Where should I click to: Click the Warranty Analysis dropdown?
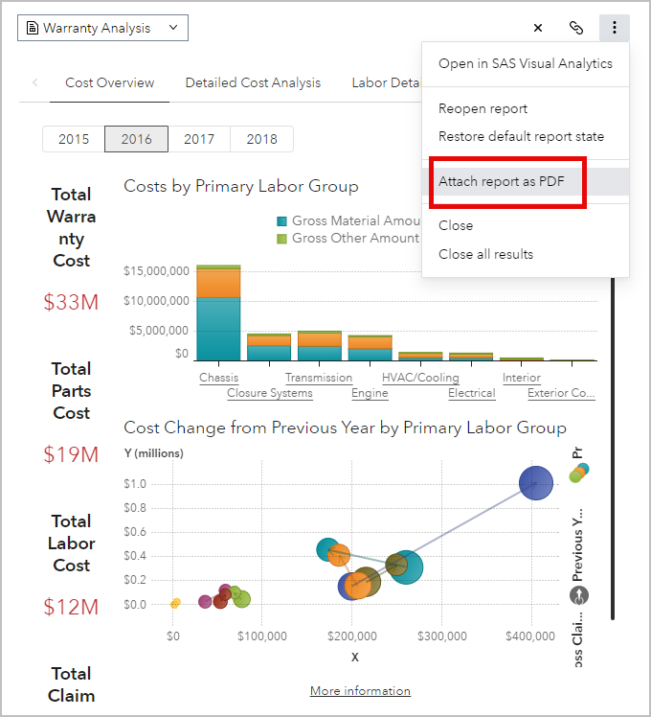(x=102, y=28)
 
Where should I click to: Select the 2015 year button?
(x=74, y=139)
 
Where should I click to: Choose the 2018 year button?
(x=261, y=139)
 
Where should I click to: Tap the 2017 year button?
(x=199, y=139)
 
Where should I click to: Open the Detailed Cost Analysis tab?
(x=253, y=82)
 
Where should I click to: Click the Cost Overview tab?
(x=109, y=82)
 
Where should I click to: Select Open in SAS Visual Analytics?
(x=525, y=63)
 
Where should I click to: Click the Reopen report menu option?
(x=483, y=108)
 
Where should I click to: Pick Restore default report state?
(x=521, y=136)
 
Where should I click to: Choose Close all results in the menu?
(x=485, y=254)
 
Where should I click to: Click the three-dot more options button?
(x=615, y=28)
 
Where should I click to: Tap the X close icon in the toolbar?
(x=538, y=28)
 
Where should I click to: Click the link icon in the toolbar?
(x=576, y=28)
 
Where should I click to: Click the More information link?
(x=360, y=690)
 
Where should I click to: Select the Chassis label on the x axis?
(x=218, y=378)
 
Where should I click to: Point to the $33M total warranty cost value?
(x=71, y=302)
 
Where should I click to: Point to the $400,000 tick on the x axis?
(x=530, y=635)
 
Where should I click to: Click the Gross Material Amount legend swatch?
(x=281, y=220)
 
